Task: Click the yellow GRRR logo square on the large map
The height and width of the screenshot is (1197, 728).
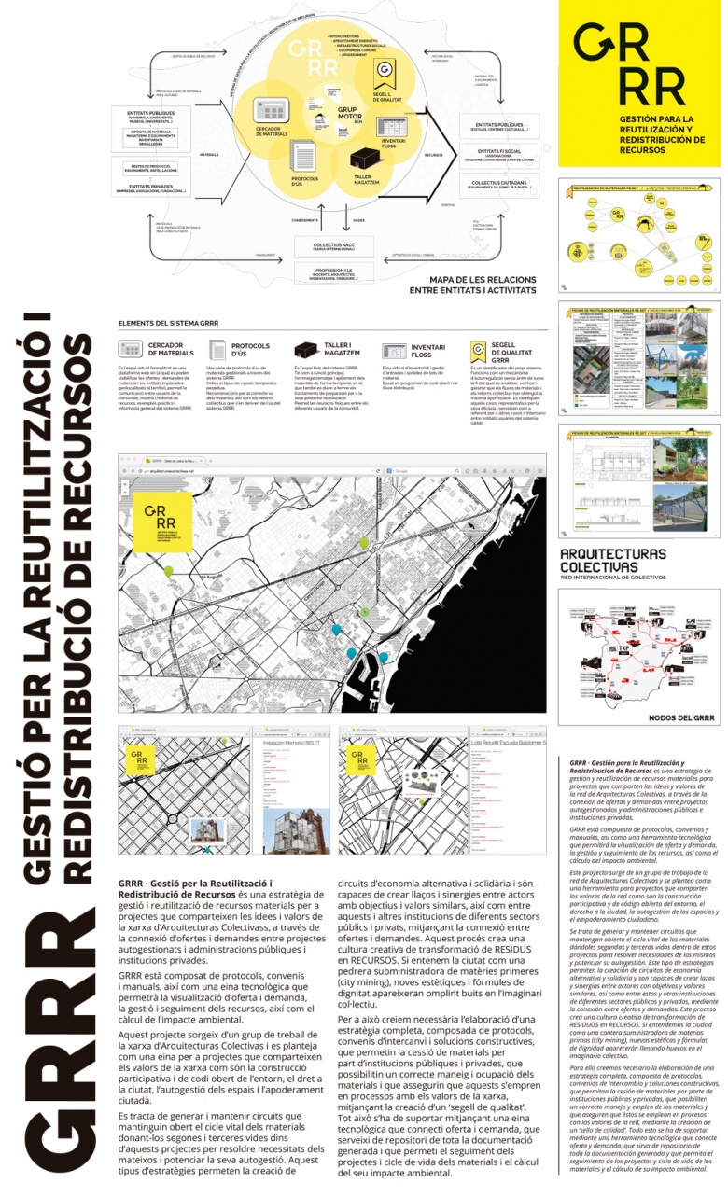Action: (x=164, y=523)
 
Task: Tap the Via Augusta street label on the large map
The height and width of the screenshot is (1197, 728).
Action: (x=217, y=578)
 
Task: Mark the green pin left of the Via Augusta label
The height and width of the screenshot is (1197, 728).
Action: (x=169, y=570)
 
